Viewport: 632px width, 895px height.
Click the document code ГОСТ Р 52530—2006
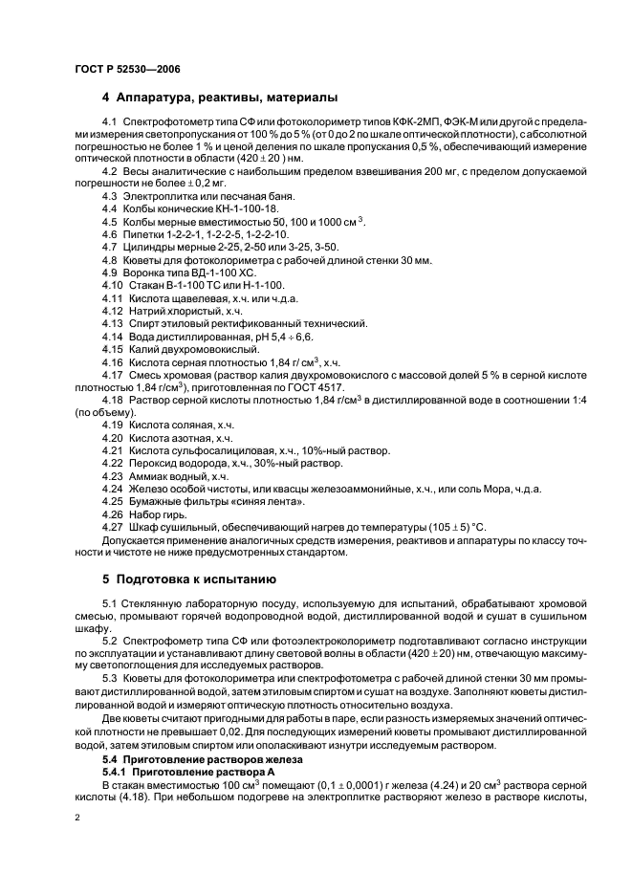(126, 69)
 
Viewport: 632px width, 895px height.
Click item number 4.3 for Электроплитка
(111, 195)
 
